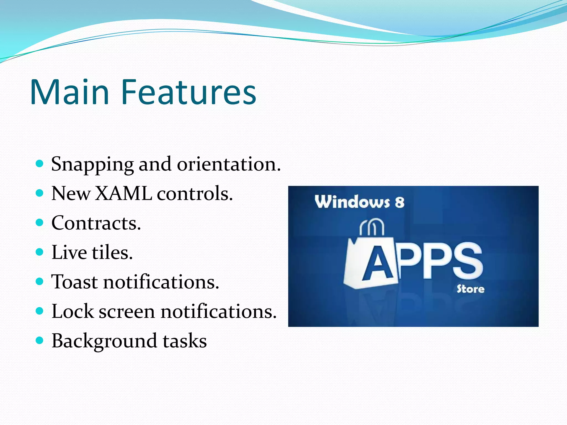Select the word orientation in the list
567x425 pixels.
pyautogui.click(x=229, y=164)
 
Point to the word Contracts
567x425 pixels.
pyautogui.click(x=96, y=223)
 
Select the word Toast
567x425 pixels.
pyautogui.click(x=74, y=282)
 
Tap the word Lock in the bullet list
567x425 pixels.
pyautogui.click(x=73, y=311)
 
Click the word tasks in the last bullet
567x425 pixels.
pyautogui.click(x=185, y=341)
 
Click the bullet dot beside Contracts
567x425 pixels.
pyautogui.click(x=40, y=223)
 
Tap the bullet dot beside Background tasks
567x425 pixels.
pyautogui.click(x=40, y=340)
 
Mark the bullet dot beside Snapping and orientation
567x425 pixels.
pyautogui.click(x=40, y=164)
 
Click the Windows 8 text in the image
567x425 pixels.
pyautogui.click(x=359, y=202)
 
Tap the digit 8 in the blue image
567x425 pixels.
pyautogui.click(x=399, y=202)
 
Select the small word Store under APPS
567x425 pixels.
pyautogui.click(x=470, y=289)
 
